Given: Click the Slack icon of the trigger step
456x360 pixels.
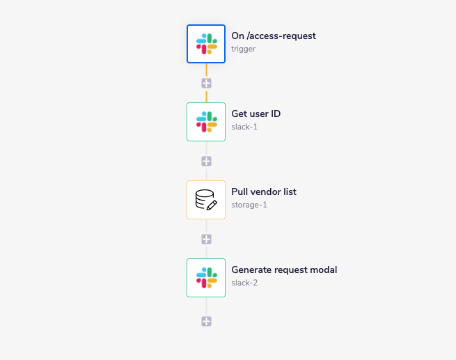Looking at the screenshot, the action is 206,43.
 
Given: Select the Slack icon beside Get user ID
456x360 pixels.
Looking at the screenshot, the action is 206,121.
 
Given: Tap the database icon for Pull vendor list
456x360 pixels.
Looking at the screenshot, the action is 206,199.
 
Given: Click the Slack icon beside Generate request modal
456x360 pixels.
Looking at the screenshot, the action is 206,277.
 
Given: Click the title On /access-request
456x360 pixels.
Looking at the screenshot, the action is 274,36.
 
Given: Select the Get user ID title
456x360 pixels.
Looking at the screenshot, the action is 255,114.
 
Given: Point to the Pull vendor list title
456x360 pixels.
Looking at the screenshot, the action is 264,191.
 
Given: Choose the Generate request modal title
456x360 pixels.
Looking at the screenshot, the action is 284,269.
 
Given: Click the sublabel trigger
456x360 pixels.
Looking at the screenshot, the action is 243,49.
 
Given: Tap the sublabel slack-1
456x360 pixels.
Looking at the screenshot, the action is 244,127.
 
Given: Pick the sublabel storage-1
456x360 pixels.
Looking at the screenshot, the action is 249,205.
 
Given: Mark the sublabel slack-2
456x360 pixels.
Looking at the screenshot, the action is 245,283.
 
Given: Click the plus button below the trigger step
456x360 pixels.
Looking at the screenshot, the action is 206,83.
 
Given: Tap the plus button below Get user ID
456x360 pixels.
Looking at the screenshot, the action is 206,161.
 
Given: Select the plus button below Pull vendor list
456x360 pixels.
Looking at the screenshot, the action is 206,239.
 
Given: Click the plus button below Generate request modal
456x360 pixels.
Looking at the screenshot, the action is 206,321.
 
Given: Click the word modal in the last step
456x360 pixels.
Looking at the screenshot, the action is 324,269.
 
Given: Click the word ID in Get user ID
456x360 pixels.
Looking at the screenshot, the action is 275,114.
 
